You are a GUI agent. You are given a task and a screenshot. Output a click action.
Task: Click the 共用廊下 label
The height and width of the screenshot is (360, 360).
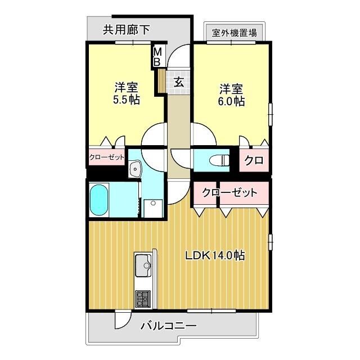click(x=126, y=30)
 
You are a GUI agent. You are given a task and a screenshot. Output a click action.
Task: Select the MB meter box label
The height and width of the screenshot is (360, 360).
click(x=158, y=56)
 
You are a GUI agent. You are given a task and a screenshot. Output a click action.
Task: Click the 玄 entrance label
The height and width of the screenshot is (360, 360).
click(x=178, y=82)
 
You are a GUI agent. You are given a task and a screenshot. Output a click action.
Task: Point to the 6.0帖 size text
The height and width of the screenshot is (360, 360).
click(x=231, y=102)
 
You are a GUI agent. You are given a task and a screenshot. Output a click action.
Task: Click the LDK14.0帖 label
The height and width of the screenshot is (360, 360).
click(x=215, y=255)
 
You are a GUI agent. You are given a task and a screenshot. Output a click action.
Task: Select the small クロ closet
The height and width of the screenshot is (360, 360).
click(x=254, y=160)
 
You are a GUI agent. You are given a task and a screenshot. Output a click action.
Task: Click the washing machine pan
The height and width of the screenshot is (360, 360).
click(x=152, y=208)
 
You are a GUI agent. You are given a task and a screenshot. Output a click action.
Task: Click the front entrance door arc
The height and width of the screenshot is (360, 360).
click(x=179, y=56)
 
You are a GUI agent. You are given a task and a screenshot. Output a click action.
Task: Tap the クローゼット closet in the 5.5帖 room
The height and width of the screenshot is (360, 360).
click(x=106, y=158)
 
